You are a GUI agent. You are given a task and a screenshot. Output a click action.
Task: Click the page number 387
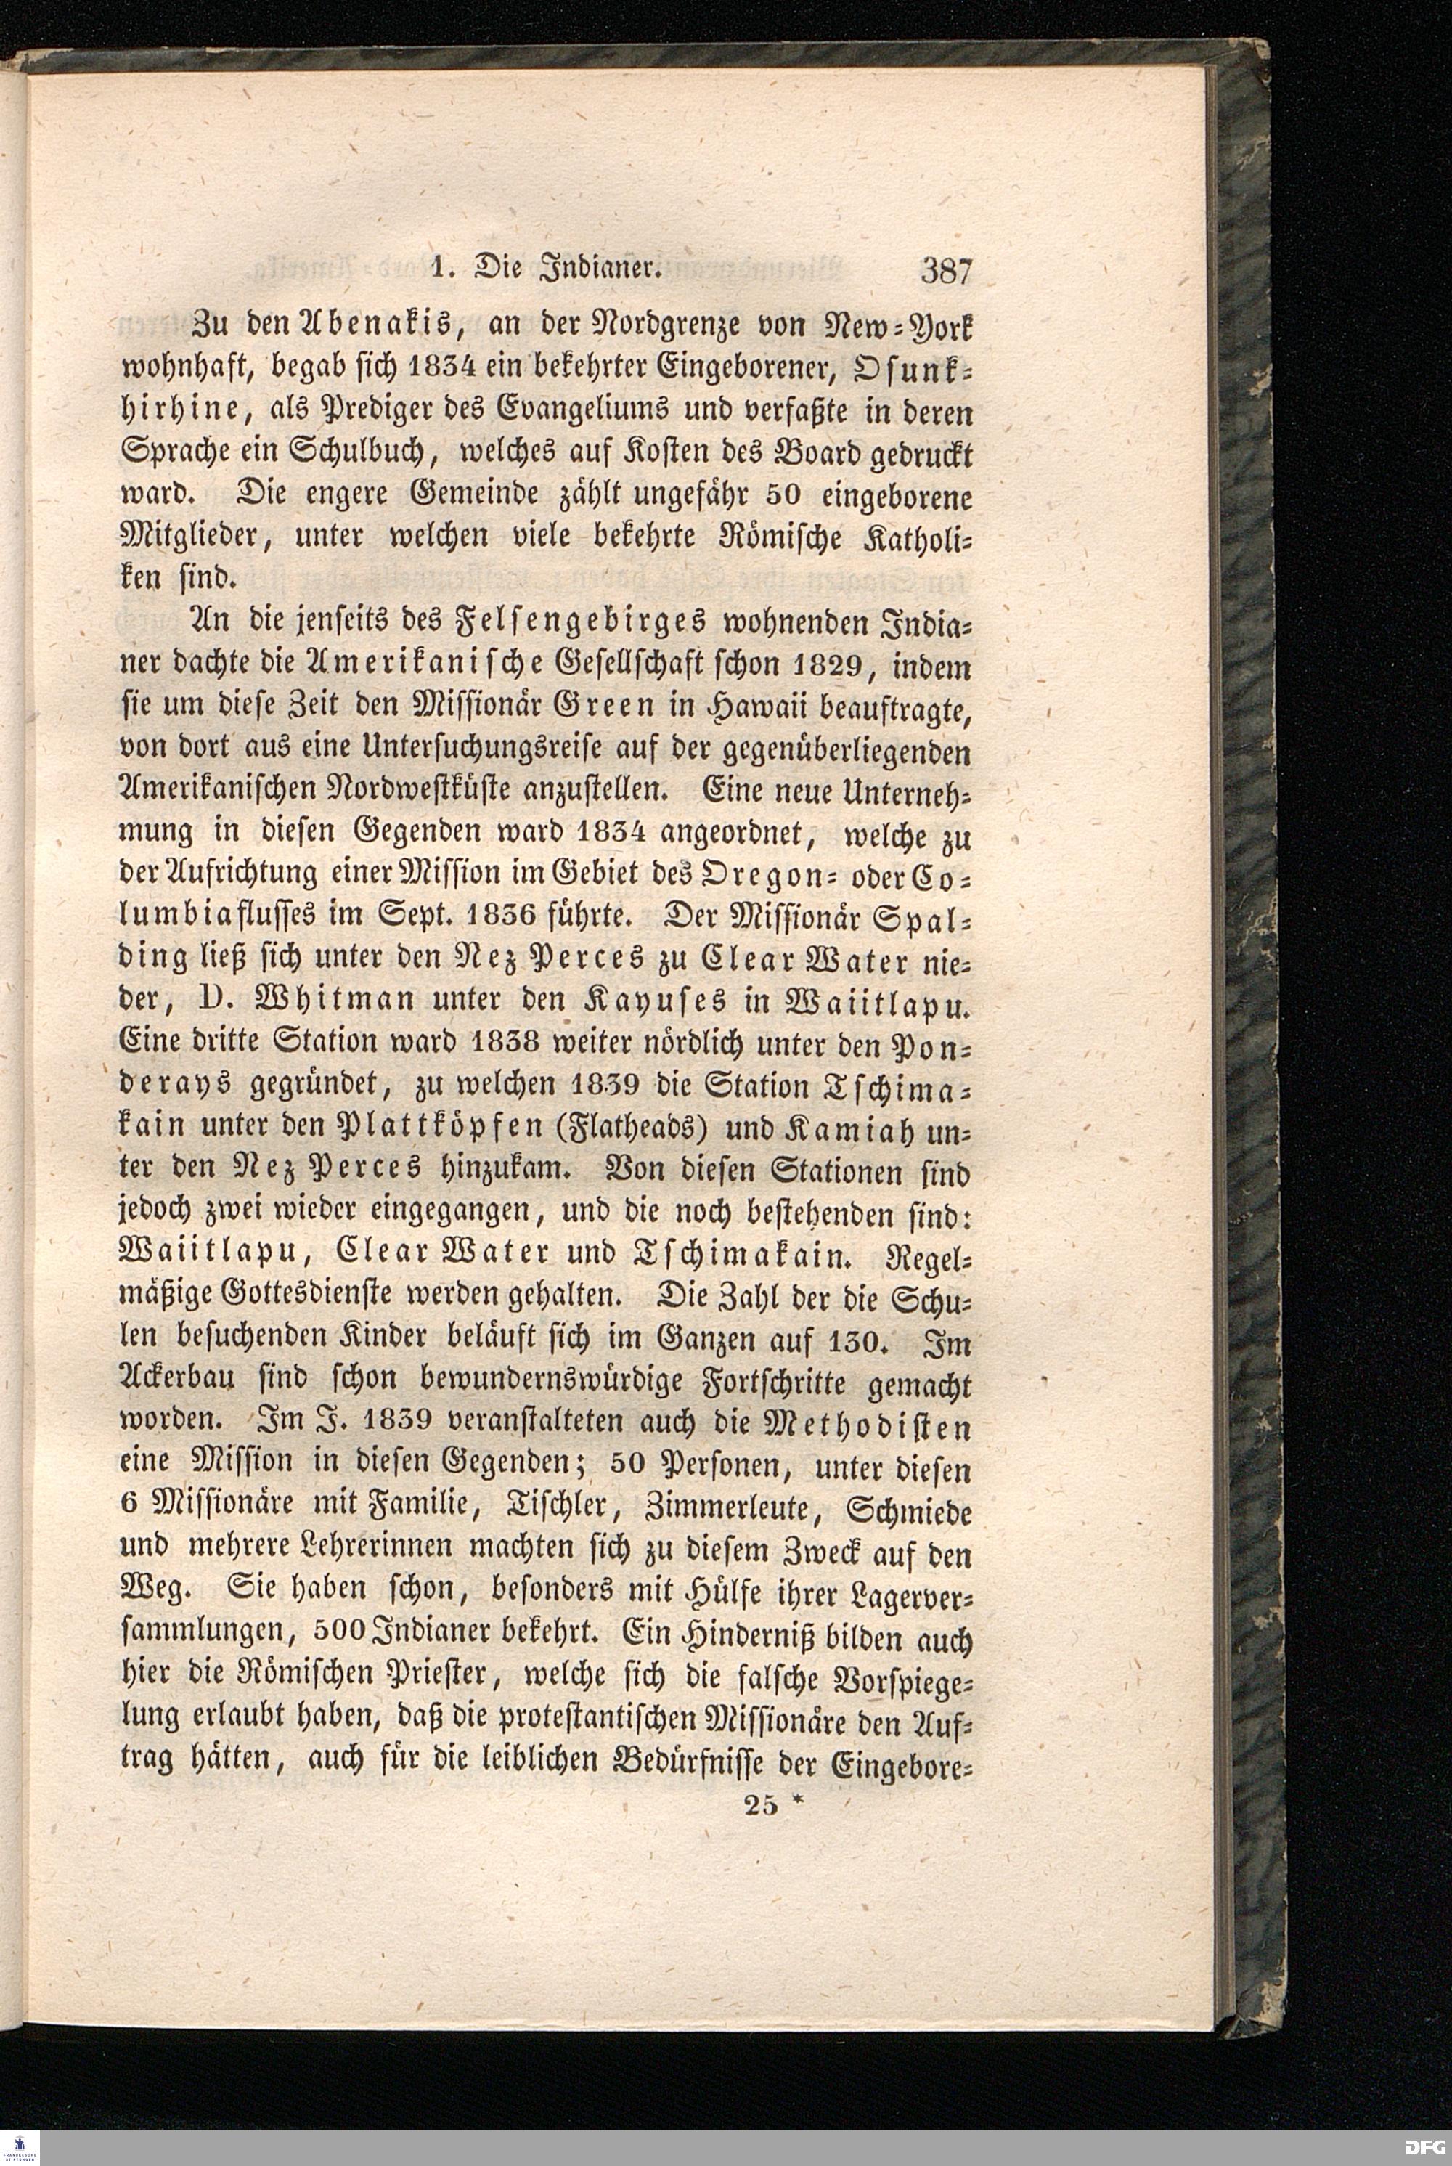(x=945, y=272)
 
